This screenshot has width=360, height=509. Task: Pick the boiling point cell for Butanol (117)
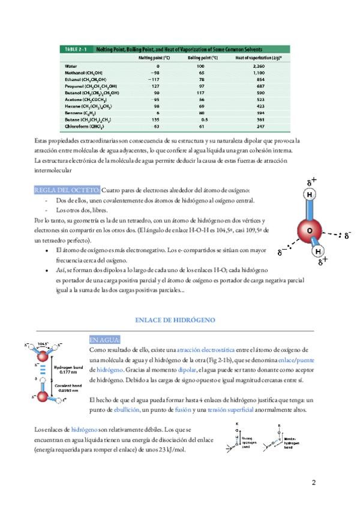[x=200, y=93]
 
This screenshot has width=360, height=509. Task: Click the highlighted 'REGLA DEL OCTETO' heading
[x=68, y=190]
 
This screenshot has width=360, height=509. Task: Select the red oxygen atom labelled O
[x=310, y=230]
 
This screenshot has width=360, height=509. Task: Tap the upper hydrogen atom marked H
[x=309, y=195]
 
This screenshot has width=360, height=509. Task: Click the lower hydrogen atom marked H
[x=318, y=251]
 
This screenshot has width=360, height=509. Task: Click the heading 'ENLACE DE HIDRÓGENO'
[x=175, y=320]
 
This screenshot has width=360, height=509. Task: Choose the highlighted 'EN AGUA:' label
[x=104, y=339]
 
